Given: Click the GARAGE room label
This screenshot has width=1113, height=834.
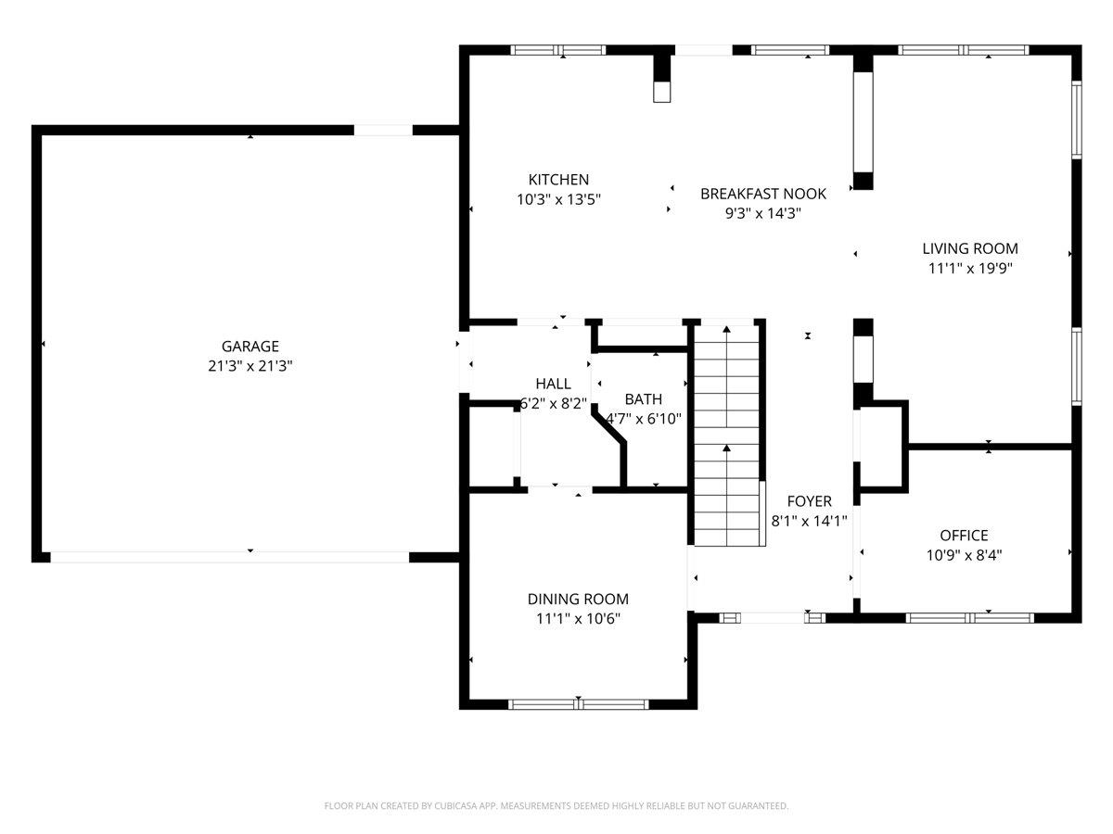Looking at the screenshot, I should click(249, 347).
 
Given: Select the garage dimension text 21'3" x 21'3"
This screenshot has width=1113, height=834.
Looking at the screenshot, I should click(249, 366).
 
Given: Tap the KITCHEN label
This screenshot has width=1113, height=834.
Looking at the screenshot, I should click(558, 180).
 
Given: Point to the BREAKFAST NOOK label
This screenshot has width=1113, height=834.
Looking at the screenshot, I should click(762, 194).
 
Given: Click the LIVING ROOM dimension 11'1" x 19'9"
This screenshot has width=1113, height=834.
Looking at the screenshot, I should click(969, 269).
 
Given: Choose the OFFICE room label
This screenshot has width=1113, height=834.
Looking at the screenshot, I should click(964, 536).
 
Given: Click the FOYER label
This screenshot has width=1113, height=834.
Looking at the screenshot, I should click(809, 501).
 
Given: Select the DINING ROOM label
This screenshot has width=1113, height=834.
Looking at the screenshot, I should click(578, 600).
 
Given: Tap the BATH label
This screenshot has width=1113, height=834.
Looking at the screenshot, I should click(643, 399).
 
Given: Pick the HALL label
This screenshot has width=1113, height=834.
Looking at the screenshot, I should click(553, 384).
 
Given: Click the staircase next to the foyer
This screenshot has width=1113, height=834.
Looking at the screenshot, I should click(726, 436).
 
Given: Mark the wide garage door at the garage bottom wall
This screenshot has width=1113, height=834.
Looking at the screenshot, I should click(229, 557).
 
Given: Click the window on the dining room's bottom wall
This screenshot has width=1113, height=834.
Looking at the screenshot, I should click(579, 704).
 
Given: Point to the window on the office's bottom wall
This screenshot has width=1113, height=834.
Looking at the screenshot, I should click(969, 617).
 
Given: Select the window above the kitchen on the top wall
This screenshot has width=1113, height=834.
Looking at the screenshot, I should click(558, 50).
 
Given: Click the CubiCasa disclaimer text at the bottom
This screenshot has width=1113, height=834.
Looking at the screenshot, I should click(556, 806).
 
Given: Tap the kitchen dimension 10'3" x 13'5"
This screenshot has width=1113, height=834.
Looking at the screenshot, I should click(558, 199).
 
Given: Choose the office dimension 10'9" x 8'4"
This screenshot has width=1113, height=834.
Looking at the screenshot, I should click(964, 555).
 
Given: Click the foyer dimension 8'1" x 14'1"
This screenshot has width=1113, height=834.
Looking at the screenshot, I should click(809, 521).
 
